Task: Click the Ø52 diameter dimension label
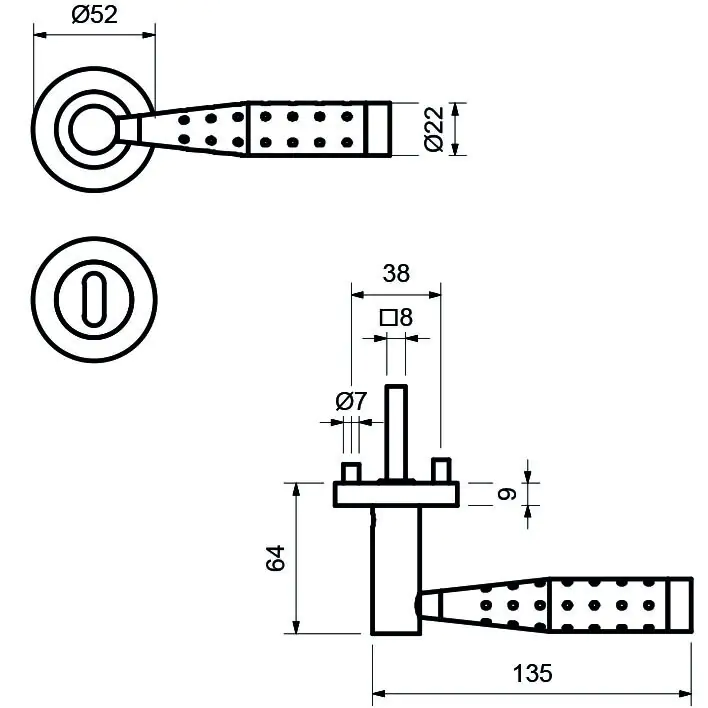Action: [x=96, y=15]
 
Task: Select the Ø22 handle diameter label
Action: [x=433, y=129]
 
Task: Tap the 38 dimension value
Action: [x=396, y=274]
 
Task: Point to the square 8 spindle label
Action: [x=396, y=319]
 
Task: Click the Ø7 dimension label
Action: [x=351, y=402]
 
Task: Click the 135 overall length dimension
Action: [x=532, y=674]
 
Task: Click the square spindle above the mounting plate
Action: [x=397, y=430]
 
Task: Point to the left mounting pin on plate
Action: [x=352, y=471]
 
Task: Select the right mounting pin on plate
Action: [x=440, y=469]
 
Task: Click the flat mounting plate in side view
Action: [x=396, y=493]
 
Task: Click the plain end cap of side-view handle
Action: [x=679, y=606]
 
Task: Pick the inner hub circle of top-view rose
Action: [x=94, y=129]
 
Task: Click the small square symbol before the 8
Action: [x=387, y=319]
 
